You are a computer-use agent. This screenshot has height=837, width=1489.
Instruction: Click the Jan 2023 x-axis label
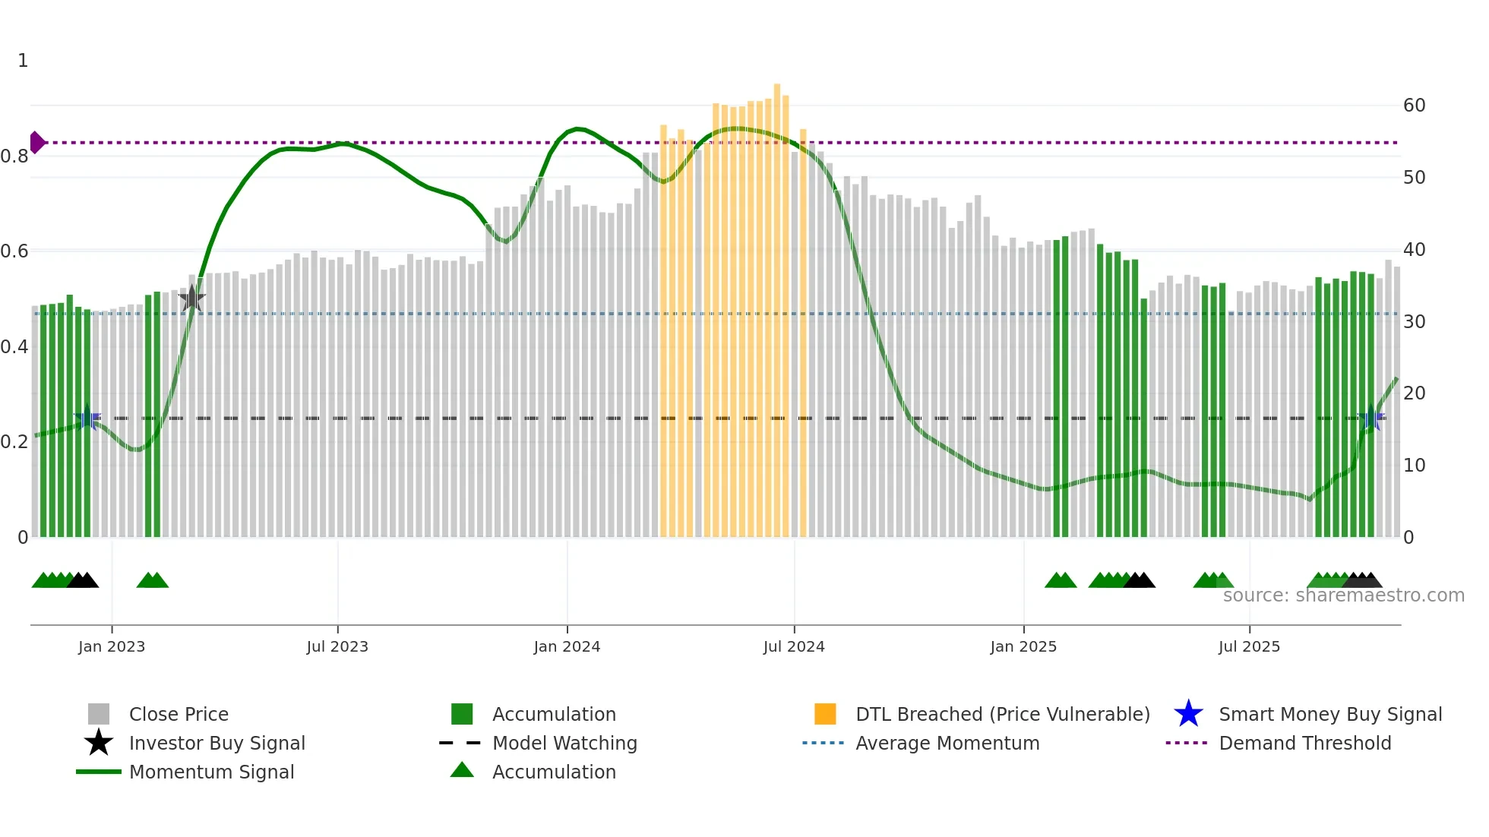[111, 646]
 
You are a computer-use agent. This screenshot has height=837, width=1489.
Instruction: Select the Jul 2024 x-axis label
[794, 646]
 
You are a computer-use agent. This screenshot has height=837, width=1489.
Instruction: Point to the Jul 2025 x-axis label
[1249, 646]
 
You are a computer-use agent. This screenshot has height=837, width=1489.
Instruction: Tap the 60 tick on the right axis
[1414, 106]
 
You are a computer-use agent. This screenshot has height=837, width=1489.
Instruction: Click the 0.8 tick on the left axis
[14, 156]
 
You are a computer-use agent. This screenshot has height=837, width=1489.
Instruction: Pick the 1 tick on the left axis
[23, 61]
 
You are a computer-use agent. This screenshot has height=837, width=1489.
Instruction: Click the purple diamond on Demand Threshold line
[36, 142]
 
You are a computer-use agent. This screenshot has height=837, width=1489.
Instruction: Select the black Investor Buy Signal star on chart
[192, 298]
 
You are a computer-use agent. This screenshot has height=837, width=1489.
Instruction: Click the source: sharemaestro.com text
[1343, 595]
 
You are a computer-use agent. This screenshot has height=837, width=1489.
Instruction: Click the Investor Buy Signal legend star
[99, 743]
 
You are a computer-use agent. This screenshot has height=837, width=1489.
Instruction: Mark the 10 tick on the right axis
[1414, 466]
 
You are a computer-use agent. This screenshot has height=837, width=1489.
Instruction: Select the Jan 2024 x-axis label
[567, 646]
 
